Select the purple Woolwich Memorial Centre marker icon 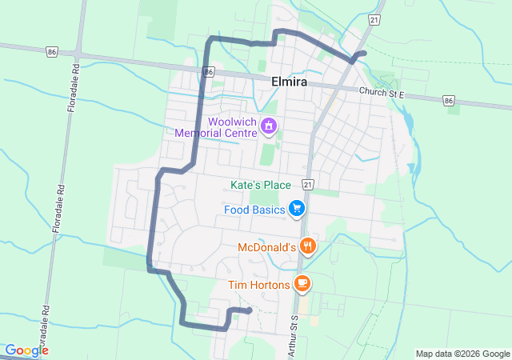click(269, 126)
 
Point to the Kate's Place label click(260, 185)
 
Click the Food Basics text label click(254, 210)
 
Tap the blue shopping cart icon click(298, 210)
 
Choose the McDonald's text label click(267, 248)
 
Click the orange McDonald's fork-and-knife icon click(306, 246)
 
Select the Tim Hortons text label click(258, 284)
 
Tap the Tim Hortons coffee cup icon click(302, 282)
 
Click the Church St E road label click(382, 94)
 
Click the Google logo click(26, 350)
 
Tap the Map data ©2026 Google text click(462, 354)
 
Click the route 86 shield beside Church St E click(448, 101)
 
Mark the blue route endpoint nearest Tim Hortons click(249, 310)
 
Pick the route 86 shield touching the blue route click(208, 72)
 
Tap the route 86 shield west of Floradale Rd click(53, 50)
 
